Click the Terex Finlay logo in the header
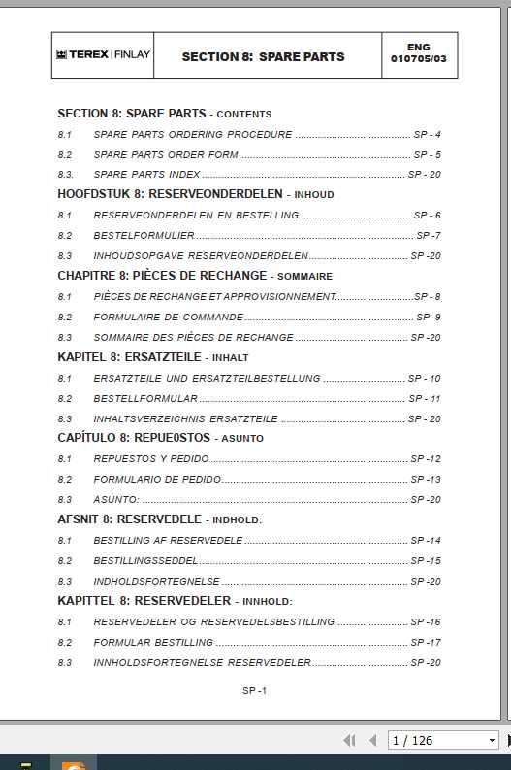(x=103, y=56)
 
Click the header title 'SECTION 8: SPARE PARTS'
(x=263, y=57)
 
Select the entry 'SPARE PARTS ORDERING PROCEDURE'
(x=193, y=135)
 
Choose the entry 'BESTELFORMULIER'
(x=144, y=236)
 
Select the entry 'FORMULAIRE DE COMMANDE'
(x=168, y=318)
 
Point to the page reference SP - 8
(x=428, y=297)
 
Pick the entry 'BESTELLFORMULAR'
(x=145, y=399)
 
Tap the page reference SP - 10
(x=425, y=379)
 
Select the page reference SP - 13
(x=426, y=480)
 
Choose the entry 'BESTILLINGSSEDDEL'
(x=145, y=561)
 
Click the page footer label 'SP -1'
(x=254, y=691)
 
